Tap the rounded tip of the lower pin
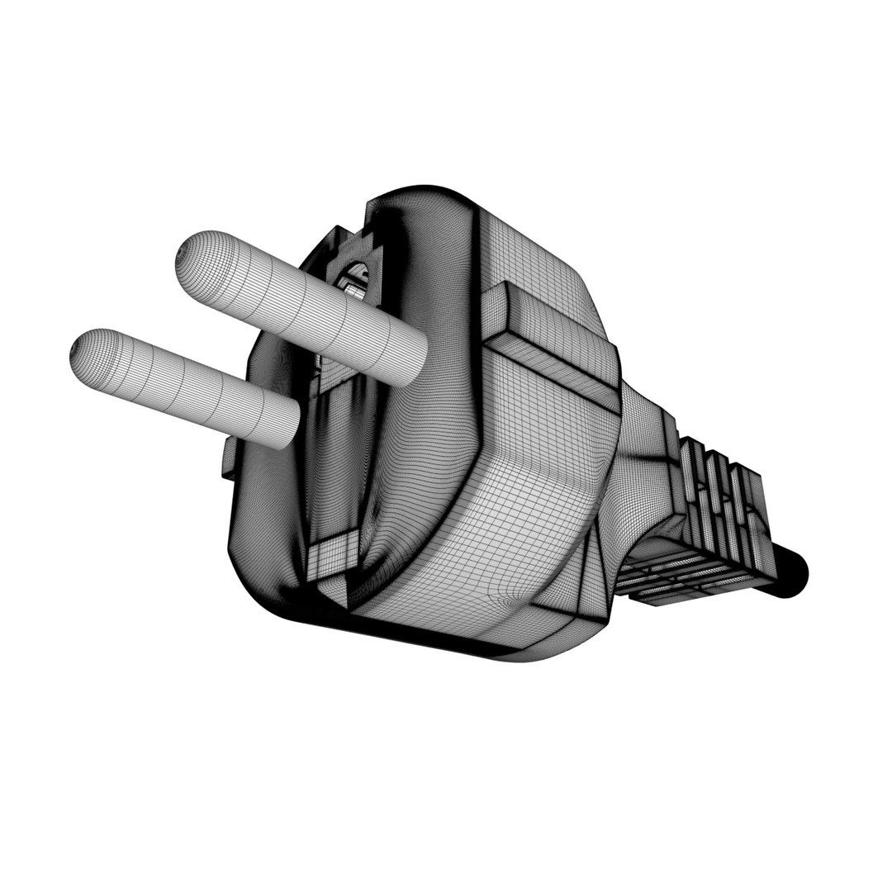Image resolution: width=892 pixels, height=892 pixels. pyautogui.click(x=88, y=353)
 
